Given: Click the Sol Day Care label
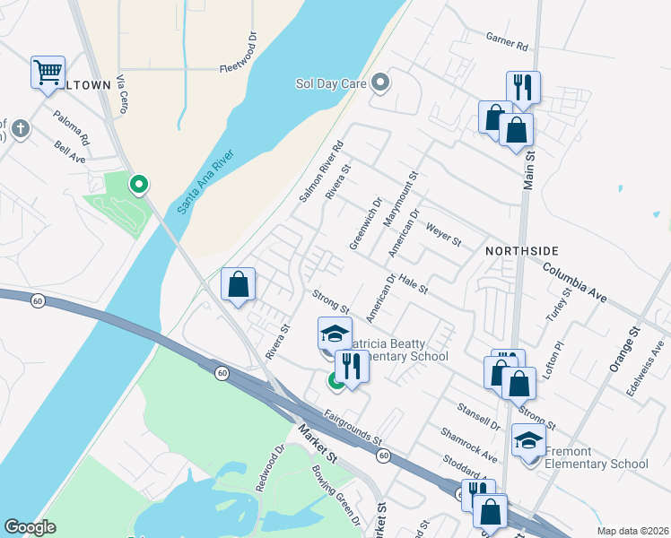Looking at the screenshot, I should (x=331, y=84).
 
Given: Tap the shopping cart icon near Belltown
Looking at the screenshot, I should (x=48, y=71).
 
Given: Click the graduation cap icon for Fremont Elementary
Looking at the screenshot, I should (x=528, y=441).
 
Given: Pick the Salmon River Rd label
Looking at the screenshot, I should (x=321, y=170).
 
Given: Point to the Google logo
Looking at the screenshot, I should (x=30, y=527).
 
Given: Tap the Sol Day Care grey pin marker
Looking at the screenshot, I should (x=380, y=83).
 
